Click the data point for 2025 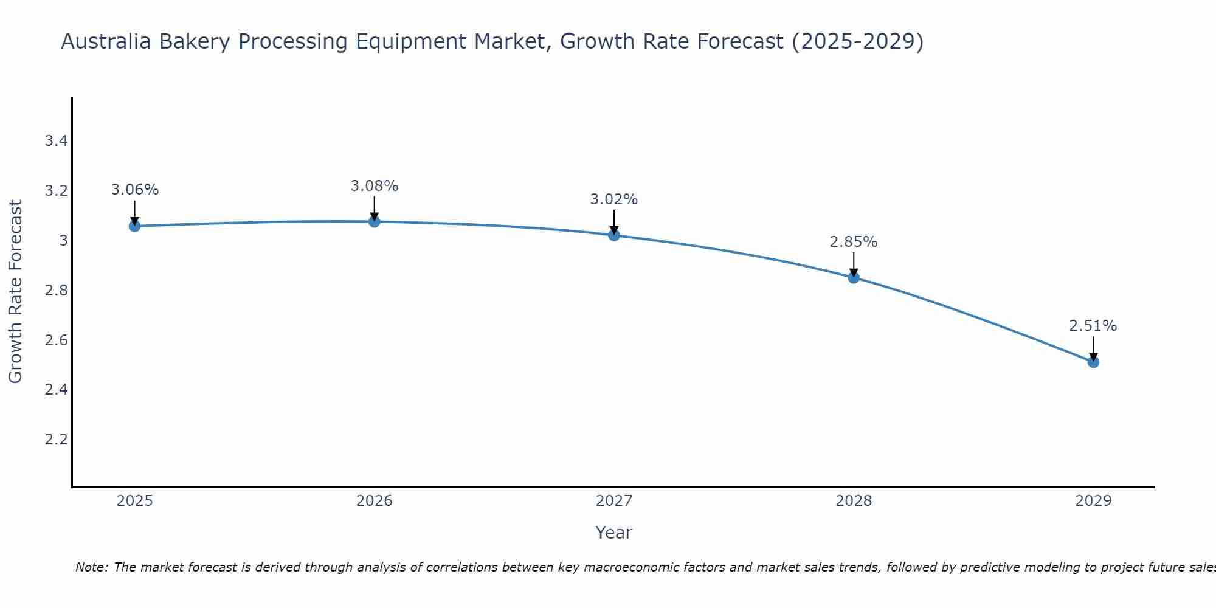[x=135, y=226]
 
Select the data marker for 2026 [x=375, y=221]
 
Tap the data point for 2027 [x=614, y=235]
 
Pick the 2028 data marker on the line [x=854, y=278]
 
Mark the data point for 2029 [x=1093, y=362]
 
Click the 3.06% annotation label [x=135, y=190]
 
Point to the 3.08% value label [x=375, y=186]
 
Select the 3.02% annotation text [x=614, y=199]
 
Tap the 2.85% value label [x=854, y=242]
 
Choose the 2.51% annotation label [x=1093, y=326]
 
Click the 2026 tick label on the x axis [x=375, y=501]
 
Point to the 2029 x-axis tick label [x=1093, y=501]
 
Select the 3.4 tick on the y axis [x=56, y=142]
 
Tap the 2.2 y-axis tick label [x=56, y=439]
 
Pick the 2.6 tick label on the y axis [x=56, y=340]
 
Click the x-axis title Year [x=614, y=533]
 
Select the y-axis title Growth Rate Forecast [x=15, y=292]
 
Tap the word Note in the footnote [x=91, y=567]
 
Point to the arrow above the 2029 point [x=1093, y=348]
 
